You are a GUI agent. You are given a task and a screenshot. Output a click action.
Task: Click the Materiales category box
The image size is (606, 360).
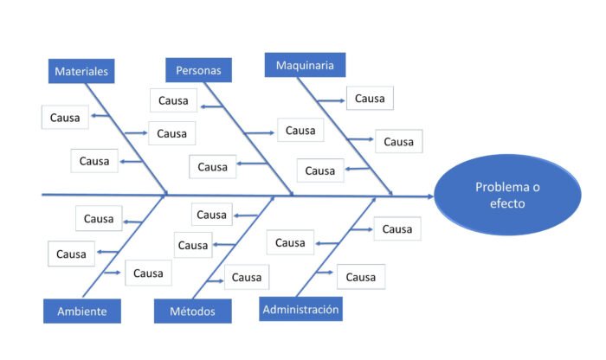pos(81,72)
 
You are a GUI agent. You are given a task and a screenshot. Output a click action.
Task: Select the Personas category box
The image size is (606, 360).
pos(198,70)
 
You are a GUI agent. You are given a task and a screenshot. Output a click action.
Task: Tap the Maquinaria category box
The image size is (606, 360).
pos(305,65)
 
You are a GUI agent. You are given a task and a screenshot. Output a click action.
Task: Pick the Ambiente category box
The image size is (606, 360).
pos(81,311)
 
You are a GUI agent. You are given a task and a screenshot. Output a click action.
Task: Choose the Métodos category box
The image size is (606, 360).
pos(193,311)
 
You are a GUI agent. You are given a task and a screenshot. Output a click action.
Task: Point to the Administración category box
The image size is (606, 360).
pos(300,309)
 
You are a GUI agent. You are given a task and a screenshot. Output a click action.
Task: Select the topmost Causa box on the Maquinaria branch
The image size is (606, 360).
pos(370,98)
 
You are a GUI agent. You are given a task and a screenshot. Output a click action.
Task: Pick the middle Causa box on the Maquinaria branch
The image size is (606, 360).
pos(398,141)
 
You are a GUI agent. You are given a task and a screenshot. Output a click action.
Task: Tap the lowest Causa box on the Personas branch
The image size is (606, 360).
pos(212,167)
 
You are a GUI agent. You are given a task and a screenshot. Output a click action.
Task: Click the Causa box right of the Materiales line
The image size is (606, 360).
pos(171,133)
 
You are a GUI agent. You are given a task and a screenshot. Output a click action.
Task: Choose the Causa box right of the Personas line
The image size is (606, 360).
pos(300,131)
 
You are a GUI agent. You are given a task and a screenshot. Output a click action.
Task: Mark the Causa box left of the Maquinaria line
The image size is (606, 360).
pos(319,170)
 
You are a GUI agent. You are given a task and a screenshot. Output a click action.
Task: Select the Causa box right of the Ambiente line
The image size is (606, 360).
pos(148,273)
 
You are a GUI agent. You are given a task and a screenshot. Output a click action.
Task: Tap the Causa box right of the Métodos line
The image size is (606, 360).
pos(246,277)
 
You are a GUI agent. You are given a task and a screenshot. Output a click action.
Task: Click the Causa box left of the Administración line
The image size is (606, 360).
pos(290,243)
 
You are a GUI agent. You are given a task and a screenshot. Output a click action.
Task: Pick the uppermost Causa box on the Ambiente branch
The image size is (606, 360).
pos(99,219)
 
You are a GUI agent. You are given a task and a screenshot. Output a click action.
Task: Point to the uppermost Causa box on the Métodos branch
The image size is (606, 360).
pos(211,215)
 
